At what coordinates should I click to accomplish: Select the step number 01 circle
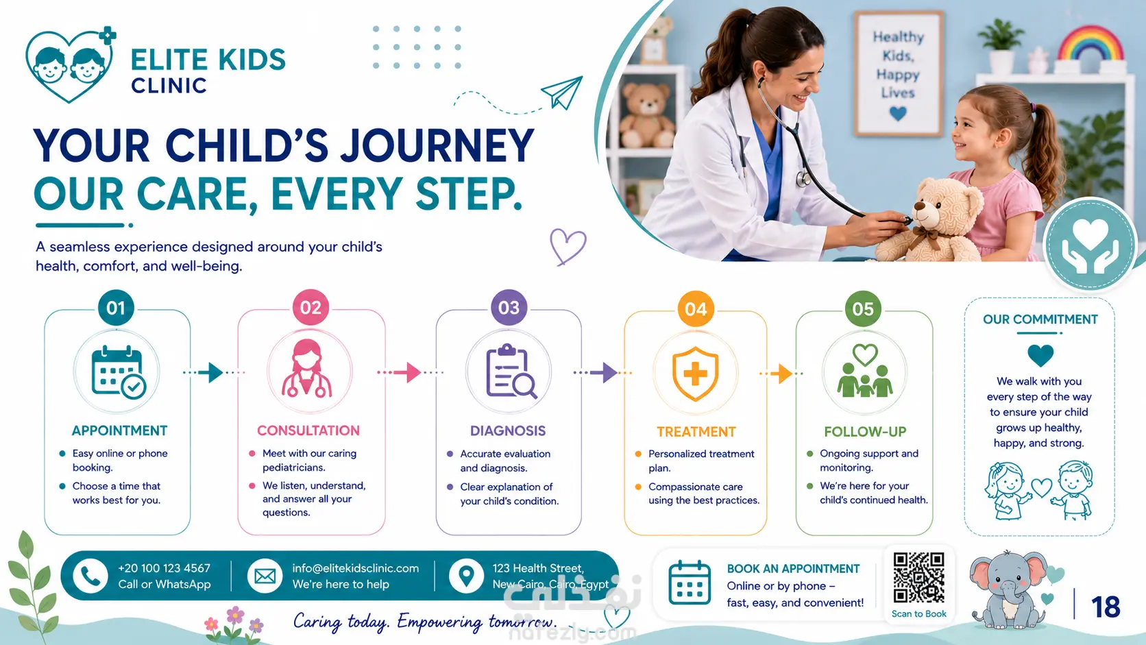[116, 308]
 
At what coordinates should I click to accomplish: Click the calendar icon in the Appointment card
[118, 372]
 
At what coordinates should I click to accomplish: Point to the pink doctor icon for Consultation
[307, 368]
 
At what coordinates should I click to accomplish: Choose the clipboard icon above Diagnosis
[510, 372]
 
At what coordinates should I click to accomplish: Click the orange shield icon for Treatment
[695, 374]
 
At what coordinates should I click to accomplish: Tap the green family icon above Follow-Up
[864, 370]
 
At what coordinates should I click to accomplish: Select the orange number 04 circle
[696, 309]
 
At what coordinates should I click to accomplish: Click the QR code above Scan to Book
[919, 577]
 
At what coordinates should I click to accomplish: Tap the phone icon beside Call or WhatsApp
[90, 576]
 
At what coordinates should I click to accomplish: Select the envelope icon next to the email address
[265, 576]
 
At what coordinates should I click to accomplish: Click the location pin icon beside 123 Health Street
[466, 576]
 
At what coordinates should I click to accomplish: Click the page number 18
[1106, 607]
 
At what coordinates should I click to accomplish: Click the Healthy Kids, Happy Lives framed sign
[898, 74]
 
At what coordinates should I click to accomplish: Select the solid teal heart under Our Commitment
[1040, 356]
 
